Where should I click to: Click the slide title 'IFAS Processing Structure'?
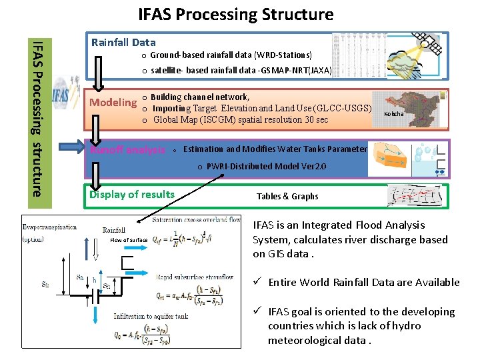235,14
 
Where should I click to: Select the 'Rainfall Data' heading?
123,42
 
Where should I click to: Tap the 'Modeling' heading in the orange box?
113,103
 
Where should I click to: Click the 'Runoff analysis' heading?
127,150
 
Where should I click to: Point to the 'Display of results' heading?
132,195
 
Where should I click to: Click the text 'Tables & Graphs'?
287,197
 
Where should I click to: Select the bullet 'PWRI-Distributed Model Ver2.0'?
266,166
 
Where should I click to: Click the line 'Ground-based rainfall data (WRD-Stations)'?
231,55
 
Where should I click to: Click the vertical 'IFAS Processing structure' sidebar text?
39,117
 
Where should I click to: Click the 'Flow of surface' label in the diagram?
129,240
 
